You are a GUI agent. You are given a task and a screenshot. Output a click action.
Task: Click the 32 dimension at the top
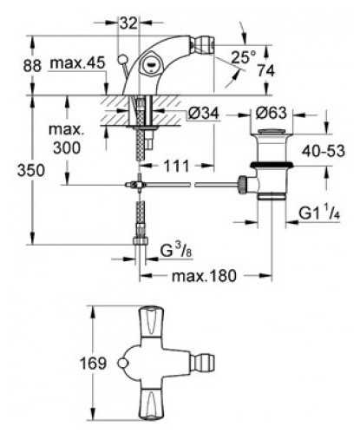pyautogui.click(x=128, y=23)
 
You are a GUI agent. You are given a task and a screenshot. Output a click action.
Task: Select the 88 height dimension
pyautogui.click(x=32, y=66)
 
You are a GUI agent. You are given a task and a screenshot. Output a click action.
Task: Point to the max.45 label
pyautogui.click(x=77, y=63)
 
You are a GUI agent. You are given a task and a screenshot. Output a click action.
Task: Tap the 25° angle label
pyautogui.click(x=244, y=57)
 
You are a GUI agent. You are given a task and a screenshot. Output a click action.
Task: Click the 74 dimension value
pyautogui.click(x=266, y=70)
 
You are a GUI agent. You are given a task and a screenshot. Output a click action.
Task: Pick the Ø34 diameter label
pyautogui.click(x=203, y=113)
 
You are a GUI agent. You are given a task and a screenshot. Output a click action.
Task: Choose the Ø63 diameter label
pyautogui.click(x=271, y=113)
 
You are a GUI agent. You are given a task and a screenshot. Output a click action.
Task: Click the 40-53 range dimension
pyautogui.click(x=324, y=151)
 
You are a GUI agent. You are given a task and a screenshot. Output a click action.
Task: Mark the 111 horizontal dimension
pyautogui.click(x=177, y=166)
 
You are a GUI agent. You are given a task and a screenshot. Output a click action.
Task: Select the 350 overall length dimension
pyautogui.click(x=31, y=170)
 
